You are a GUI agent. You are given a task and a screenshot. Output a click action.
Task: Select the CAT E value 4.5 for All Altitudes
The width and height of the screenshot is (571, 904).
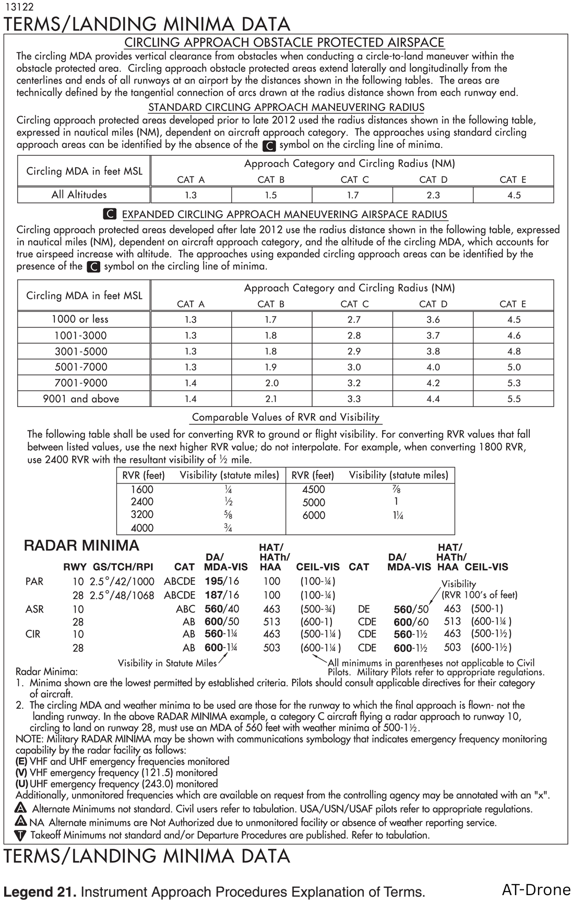(514, 195)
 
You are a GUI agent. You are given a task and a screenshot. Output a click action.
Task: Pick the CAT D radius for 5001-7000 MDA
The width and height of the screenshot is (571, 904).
(433, 367)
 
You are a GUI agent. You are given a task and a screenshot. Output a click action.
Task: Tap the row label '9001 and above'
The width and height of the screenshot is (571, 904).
(81, 399)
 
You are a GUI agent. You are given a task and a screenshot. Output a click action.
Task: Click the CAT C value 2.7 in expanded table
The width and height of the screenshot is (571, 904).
(353, 320)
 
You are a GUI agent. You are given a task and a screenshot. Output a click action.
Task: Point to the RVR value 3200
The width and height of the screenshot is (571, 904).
(142, 514)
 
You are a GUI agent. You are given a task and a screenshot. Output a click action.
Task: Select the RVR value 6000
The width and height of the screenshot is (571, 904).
(314, 515)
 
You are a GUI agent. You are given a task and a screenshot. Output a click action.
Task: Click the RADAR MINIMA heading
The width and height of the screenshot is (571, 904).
(82, 546)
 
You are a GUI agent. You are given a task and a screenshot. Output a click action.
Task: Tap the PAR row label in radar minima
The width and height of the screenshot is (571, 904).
(34, 581)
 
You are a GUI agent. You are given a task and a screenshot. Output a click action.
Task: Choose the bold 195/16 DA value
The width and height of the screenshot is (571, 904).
(221, 581)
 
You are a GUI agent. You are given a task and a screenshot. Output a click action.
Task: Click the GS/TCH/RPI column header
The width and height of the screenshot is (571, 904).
(123, 567)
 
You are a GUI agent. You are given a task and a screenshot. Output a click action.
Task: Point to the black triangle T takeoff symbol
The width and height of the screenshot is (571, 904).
(21, 835)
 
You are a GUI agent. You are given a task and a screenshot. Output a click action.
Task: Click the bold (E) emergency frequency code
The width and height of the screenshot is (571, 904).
(22, 761)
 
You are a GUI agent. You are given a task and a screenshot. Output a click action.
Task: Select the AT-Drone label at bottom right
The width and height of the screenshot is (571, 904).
(536, 890)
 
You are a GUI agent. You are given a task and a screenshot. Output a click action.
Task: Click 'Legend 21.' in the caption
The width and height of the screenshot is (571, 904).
(40, 892)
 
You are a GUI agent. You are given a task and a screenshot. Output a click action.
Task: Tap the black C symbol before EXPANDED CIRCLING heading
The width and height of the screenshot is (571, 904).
(110, 214)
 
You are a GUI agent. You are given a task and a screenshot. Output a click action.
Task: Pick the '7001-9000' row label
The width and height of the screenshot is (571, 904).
(81, 383)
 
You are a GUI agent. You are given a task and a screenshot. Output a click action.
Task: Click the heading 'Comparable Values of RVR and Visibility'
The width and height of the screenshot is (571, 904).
(285, 417)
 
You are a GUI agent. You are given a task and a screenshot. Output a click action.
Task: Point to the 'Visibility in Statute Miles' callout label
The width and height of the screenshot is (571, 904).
(167, 663)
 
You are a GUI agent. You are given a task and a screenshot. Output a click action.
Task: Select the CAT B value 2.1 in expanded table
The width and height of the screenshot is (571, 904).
(271, 399)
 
